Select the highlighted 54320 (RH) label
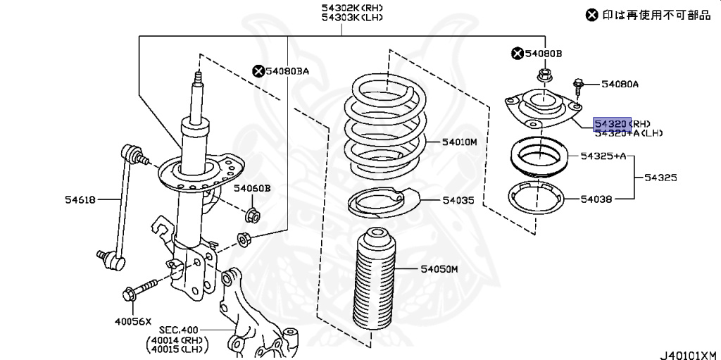click(x=612, y=123)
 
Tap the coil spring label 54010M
click(x=460, y=142)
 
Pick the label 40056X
click(x=133, y=321)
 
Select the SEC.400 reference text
click(x=179, y=330)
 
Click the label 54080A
click(x=620, y=85)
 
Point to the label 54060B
click(x=252, y=188)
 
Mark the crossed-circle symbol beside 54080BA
click(x=258, y=70)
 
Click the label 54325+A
click(x=603, y=156)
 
